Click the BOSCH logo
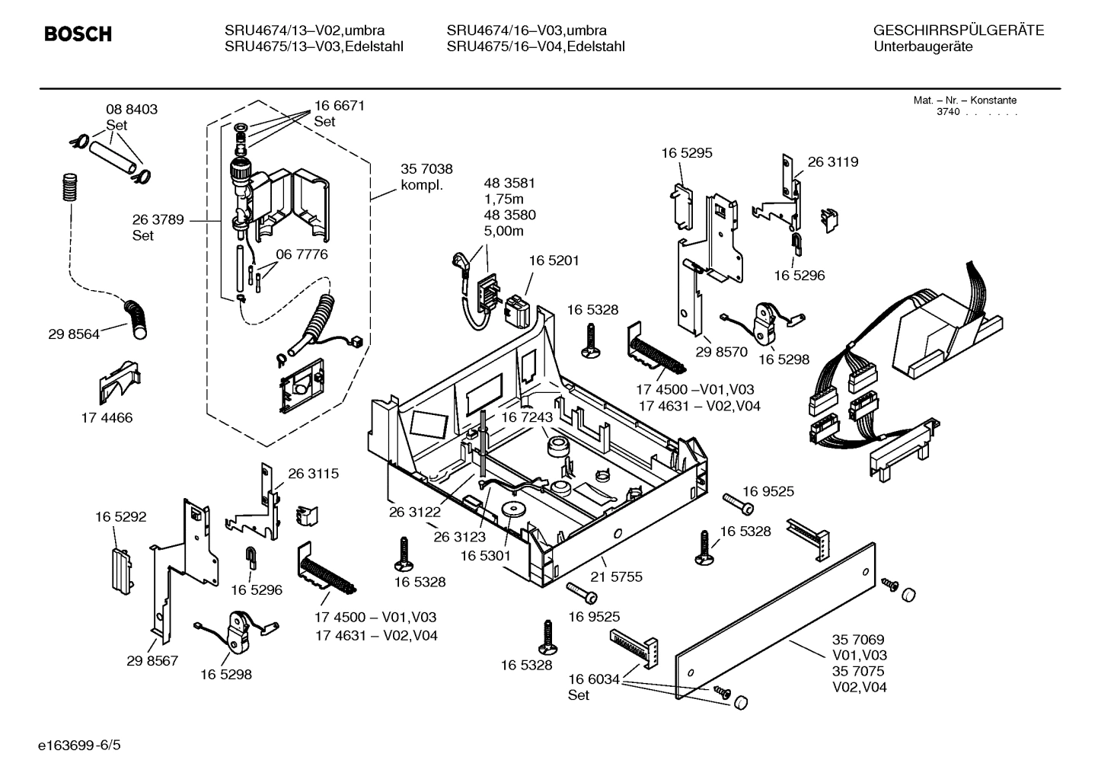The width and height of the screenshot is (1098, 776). pos(78,34)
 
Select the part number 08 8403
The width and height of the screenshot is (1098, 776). pos(131,110)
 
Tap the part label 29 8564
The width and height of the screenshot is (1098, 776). pos(73,334)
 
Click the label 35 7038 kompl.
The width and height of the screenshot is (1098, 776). pos(426,177)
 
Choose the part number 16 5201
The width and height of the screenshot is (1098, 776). pos(554,260)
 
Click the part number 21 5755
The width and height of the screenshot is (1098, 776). pos(617,576)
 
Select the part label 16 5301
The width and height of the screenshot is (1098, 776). pos(485,556)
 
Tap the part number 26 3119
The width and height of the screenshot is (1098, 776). pos(832,161)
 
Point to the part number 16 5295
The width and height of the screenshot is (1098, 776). pos(686,153)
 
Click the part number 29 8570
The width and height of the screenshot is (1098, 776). pos(721,352)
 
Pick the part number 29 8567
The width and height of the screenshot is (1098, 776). pos(152,660)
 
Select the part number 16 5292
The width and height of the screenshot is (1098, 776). pos(120,516)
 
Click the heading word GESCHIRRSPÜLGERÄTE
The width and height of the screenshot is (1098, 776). pos(958,30)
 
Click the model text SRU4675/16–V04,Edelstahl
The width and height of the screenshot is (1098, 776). pos(535,46)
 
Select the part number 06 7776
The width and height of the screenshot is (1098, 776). pos(302,254)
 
